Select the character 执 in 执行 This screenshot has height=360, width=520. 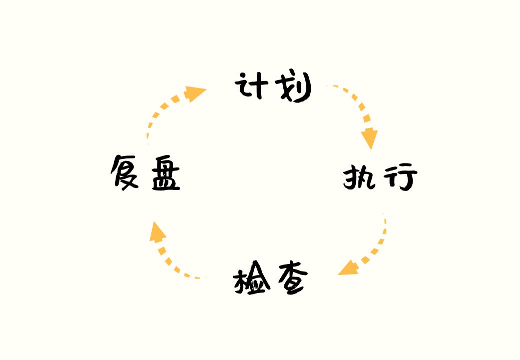pyautogui.click(x=359, y=177)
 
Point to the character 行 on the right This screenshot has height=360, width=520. pyautogui.click(x=400, y=176)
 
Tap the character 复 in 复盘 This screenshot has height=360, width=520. pyautogui.click(x=124, y=172)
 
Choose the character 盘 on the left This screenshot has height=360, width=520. pyautogui.click(x=166, y=173)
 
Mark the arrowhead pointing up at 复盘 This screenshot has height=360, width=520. pyautogui.click(x=157, y=232)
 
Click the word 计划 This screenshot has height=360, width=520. pyautogui.click(x=273, y=85)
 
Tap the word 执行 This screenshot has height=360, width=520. pyautogui.click(x=380, y=177)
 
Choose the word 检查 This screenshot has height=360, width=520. pyautogui.click(x=271, y=278)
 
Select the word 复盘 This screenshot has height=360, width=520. pyautogui.click(x=145, y=173)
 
